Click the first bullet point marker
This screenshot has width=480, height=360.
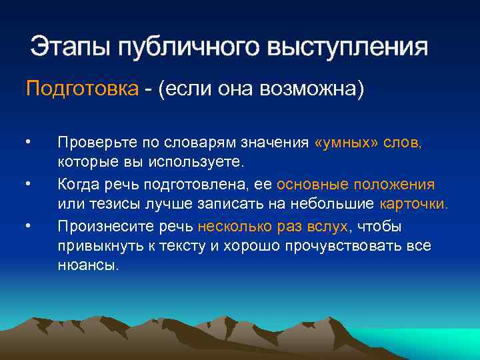point(28,142)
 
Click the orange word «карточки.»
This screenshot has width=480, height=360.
point(413,204)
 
